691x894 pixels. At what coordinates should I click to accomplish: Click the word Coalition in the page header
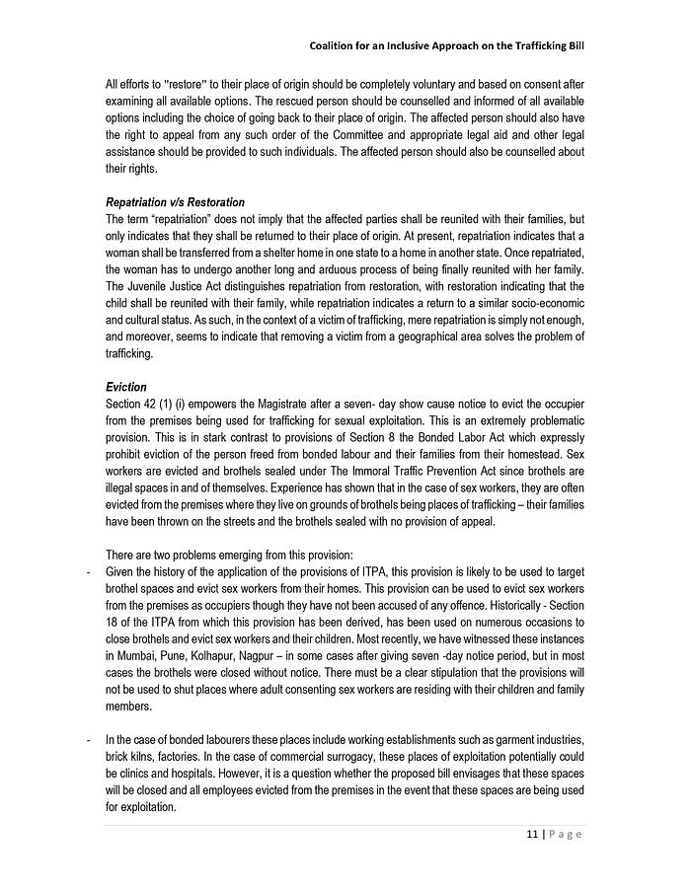click(x=337, y=45)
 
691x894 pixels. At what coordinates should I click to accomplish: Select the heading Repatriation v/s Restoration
click(x=175, y=202)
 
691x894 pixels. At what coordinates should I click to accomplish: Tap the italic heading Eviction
click(x=125, y=388)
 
